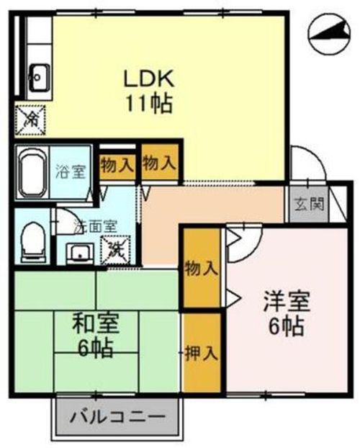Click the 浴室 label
(72, 173)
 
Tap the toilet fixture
(32, 241)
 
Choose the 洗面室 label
(96, 225)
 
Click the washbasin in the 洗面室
(78, 253)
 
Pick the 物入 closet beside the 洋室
(201, 268)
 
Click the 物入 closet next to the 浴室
(117, 163)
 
